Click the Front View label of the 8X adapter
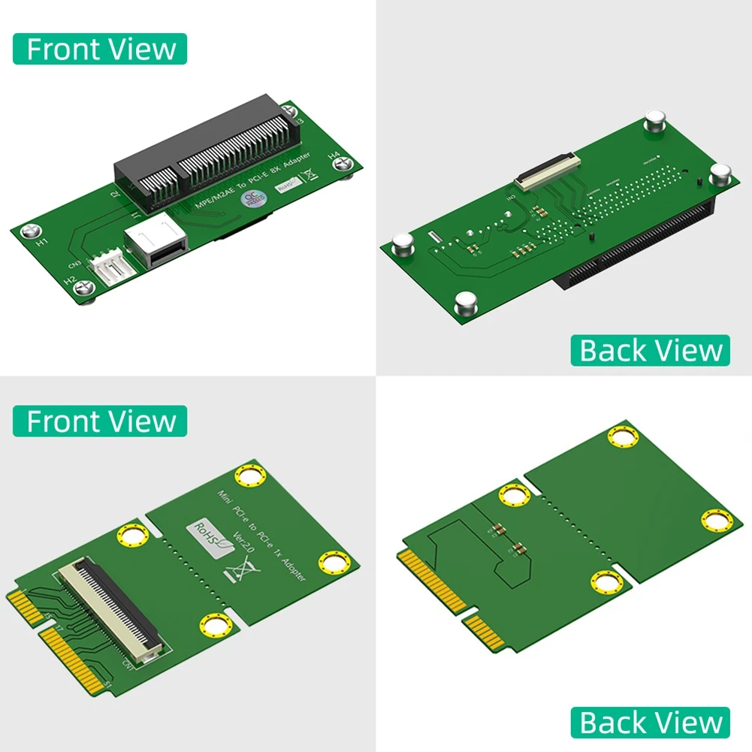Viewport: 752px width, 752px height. (100, 50)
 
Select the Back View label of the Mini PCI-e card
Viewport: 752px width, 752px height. (651, 722)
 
